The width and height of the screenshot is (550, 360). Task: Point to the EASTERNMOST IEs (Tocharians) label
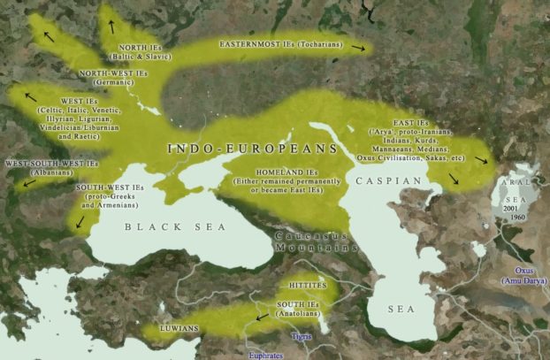[x=277, y=42]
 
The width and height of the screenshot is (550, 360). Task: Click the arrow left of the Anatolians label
[x=262, y=316]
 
